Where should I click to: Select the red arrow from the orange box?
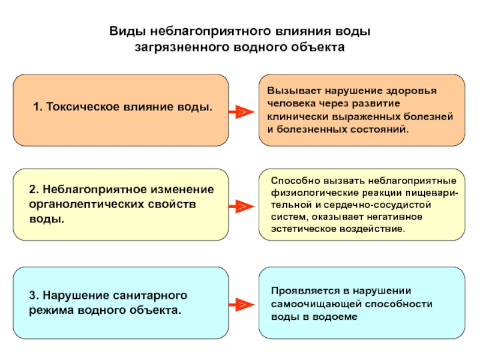coord(242,112)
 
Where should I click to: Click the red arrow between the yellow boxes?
coord(242,206)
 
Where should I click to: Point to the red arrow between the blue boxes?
coord(242,305)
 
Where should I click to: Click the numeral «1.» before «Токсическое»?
coord(38,107)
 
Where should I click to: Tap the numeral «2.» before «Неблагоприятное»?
coord(34,190)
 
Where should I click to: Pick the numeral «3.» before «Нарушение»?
coord(34,295)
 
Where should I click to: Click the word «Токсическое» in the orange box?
coord(83,107)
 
